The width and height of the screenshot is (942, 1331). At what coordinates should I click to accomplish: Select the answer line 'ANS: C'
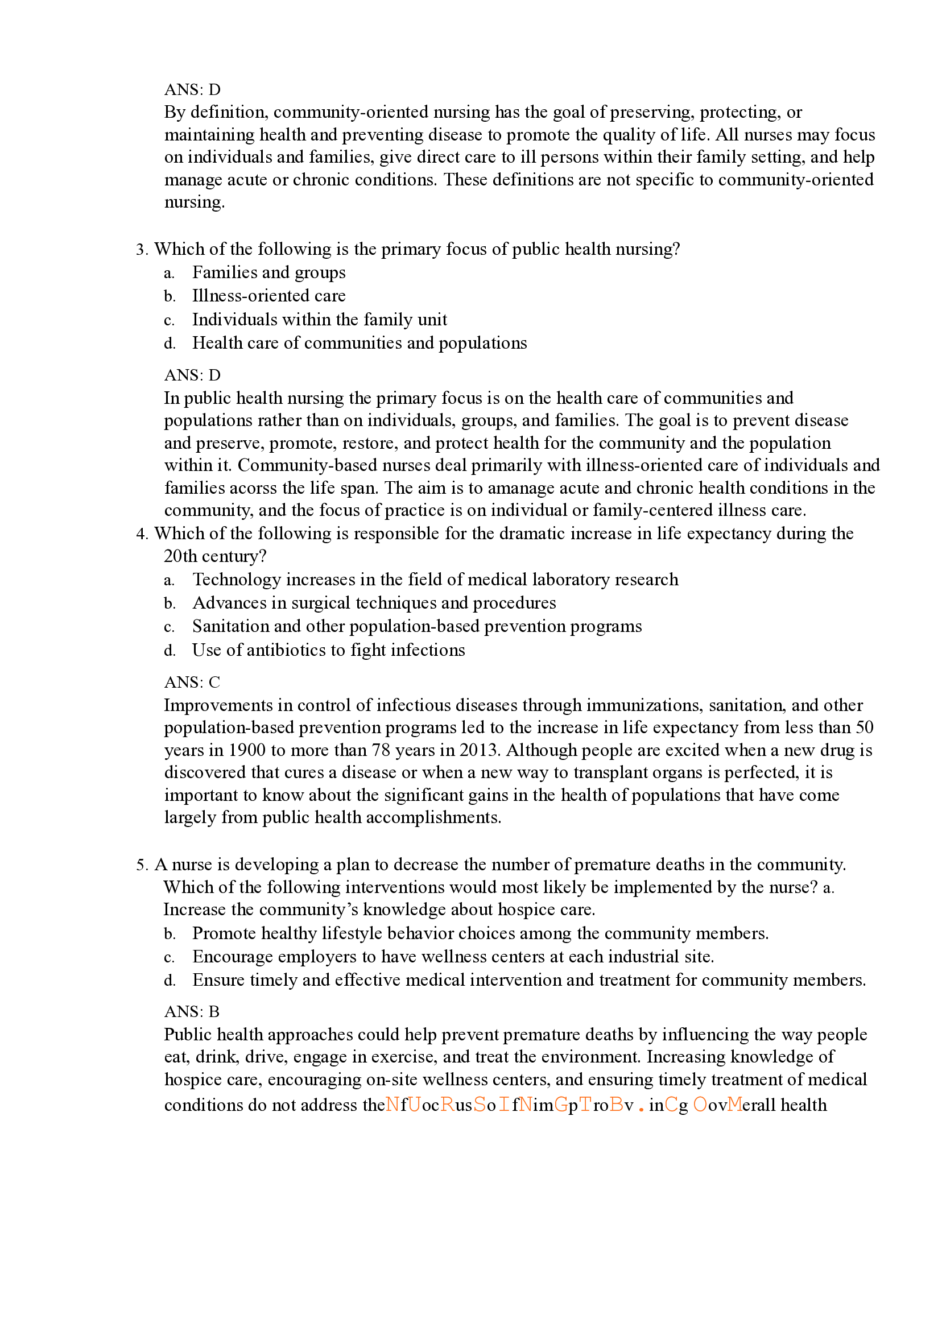coord(192,682)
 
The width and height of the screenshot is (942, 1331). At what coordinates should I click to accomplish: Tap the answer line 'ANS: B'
coord(192,1011)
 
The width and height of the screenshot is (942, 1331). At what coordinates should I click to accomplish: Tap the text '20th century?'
coord(214,556)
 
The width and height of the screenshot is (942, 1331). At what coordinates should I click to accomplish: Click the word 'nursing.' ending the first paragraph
coord(195,202)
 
